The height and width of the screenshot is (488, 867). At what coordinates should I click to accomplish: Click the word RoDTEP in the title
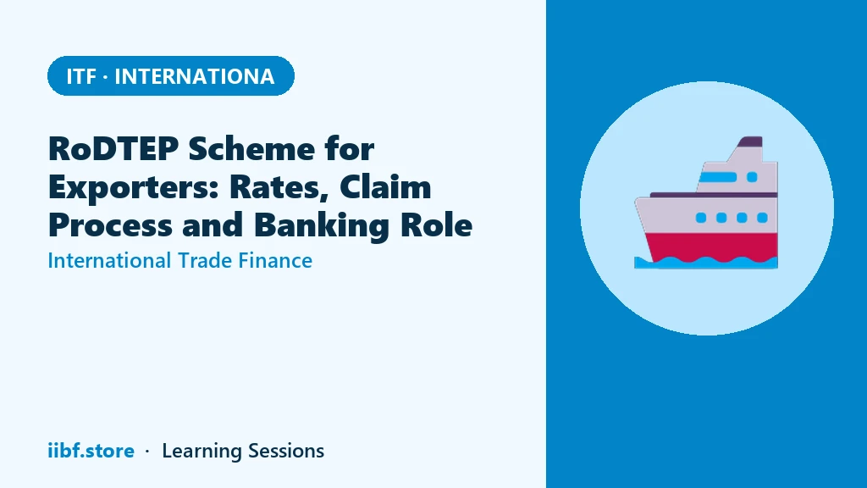point(113,148)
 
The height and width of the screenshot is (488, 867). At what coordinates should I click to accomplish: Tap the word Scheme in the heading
point(252,148)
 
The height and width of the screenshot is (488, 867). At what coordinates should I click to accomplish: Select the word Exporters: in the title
point(134,187)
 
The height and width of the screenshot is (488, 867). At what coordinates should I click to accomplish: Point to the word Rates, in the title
point(279,187)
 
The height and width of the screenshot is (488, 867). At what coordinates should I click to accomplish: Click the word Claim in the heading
point(385,186)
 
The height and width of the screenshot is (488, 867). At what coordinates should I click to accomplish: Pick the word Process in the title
point(111,225)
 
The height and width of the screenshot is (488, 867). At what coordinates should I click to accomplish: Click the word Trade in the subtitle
point(204,260)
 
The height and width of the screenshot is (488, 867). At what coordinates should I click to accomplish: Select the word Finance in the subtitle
point(275,260)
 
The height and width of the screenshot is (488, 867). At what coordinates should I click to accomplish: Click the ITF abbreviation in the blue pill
point(81,76)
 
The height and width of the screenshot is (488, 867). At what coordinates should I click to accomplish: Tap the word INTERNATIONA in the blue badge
point(194,76)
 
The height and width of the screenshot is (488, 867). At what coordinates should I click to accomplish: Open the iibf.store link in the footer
point(91,451)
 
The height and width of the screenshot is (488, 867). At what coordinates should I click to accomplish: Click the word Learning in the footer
point(202,451)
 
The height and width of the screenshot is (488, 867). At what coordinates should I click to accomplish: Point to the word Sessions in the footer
point(286,451)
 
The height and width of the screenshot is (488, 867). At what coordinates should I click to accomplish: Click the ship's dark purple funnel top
point(750,141)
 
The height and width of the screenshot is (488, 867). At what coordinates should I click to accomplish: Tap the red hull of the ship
point(713,247)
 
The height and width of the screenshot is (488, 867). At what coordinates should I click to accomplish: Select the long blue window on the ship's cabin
point(718,177)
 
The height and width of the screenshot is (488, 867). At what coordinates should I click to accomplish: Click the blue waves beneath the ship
point(706,263)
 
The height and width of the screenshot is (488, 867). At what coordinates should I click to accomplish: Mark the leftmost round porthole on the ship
point(700,218)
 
